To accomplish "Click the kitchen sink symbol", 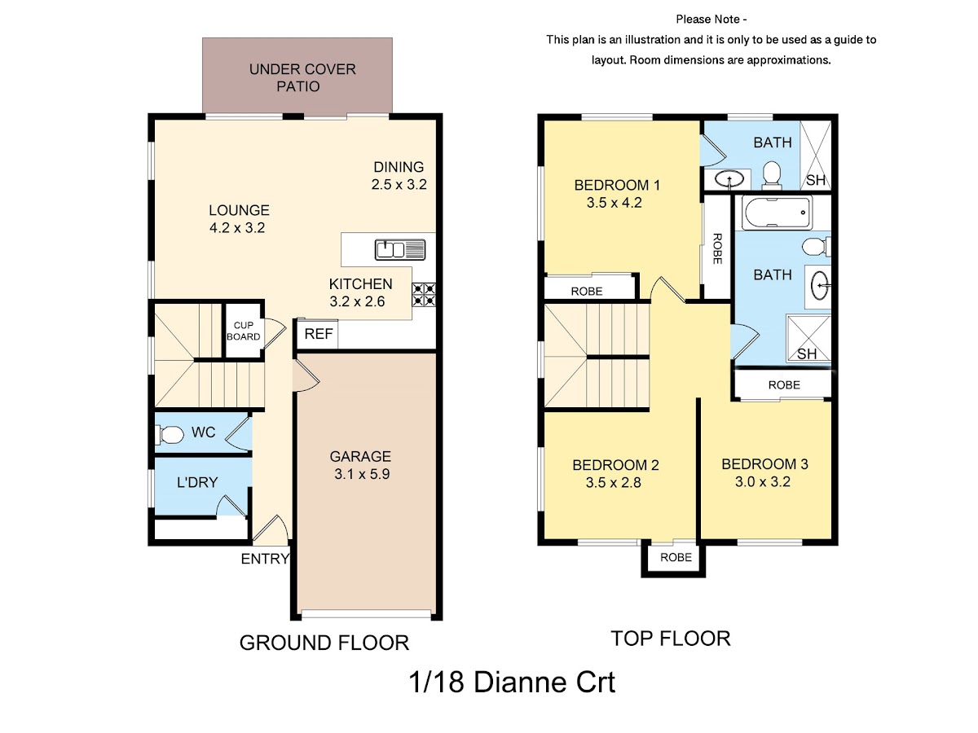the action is pyautogui.click(x=399, y=249).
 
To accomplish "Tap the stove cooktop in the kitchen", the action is pyautogui.click(x=423, y=295).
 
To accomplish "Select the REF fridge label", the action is pyautogui.click(x=318, y=333).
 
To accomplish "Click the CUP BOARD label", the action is pyautogui.click(x=243, y=331).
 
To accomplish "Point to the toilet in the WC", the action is pyautogui.click(x=169, y=435).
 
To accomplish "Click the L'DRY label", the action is pyautogui.click(x=197, y=482).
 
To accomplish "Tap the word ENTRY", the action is pyautogui.click(x=265, y=559).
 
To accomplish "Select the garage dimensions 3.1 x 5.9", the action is pyautogui.click(x=362, y=474).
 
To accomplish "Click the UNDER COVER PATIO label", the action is pyautogui.click(x=302, y=77).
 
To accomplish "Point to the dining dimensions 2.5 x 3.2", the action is pyautogui.click(x=399, y=184).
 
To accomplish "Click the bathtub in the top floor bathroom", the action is pyautogui.click(x=777, y=213).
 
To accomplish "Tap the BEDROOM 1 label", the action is pyautogui.click(x=617, y=185).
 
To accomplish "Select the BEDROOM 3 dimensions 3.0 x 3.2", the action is pyautogui.click(x=762, y=481).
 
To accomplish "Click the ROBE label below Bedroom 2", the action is pyautogui.click(x=676, y=557).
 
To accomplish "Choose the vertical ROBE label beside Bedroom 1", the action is pyautogui.click(x=717, y=248).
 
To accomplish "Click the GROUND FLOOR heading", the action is pyautogui.click(x=324, y=643).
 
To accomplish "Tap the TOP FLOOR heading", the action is pyautogui.click(x=670, y=639).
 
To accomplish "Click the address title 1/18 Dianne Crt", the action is pyautogui.click(x=512, y=682).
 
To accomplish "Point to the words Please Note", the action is pyautogui.click(x=707, y=19).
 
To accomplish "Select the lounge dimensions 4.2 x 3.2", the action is pyautogui.click(x=237, y=227).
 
